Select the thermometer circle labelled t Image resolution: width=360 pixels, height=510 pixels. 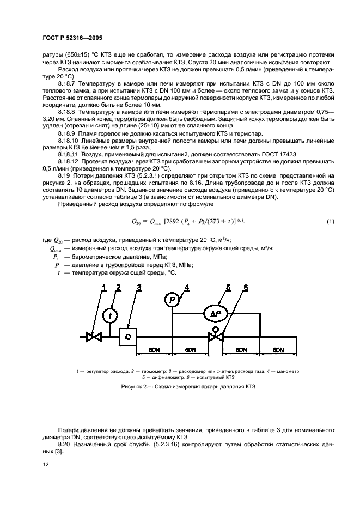111,315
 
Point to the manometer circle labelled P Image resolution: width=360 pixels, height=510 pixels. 172,299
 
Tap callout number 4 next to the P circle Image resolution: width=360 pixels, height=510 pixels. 187,287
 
